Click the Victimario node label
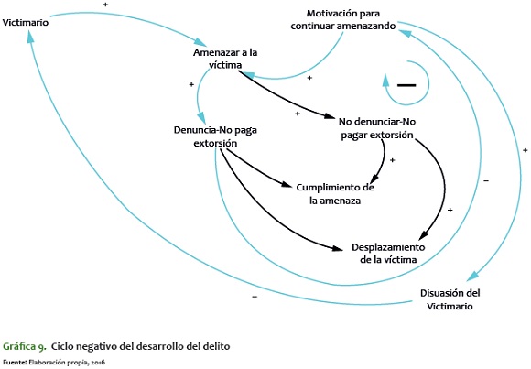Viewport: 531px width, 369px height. (26, 23)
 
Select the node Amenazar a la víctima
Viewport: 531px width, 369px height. (225, 59)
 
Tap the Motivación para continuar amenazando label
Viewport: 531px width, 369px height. (342, 19)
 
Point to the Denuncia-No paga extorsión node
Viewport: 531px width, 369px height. (215, 136)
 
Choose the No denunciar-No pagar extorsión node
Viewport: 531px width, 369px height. (377, 128)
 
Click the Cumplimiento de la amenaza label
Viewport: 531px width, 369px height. (335, 194)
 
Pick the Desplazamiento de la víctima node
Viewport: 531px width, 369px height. (388, 254)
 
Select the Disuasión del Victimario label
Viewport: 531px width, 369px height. (450, 299)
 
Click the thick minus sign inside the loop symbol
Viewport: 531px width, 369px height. (406, 85)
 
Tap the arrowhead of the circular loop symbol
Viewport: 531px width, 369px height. (385, 81)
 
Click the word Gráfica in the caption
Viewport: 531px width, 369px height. (19, 347)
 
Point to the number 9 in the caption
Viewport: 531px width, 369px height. (42, 347)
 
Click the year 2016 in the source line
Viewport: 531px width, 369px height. (98, 363)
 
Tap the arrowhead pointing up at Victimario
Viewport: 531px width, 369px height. (30, 37)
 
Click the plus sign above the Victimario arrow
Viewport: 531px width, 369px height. (105, 5)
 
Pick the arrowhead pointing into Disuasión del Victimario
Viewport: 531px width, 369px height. (472, 277)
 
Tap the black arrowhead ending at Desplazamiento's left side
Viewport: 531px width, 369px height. (338, 248)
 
